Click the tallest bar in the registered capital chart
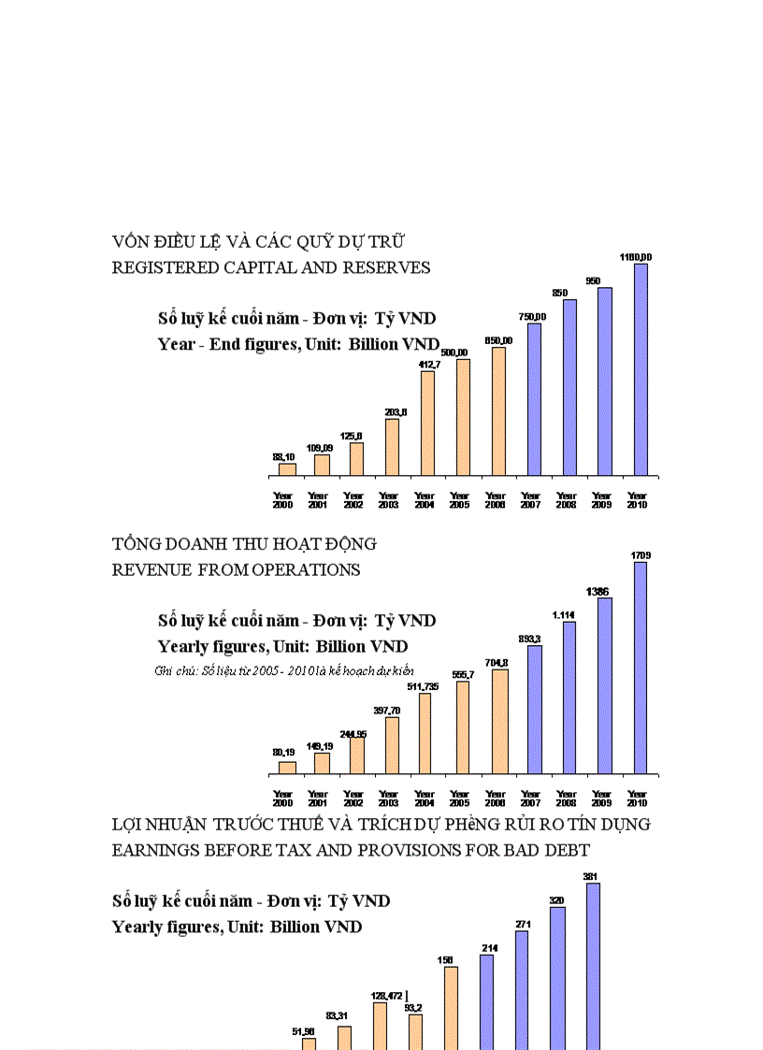[x=641, y=369]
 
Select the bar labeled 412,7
[x=427, y=423]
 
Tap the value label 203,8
[x=392, y=411]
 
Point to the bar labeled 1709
[x=641, y=668]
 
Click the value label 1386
[x=598, y=591]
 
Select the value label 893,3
[x=530, y=639]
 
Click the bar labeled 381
[x=593, y=963]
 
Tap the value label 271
[x=523, y=924]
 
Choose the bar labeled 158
[x=451, y=1006]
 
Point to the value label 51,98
[x=304, y=1031]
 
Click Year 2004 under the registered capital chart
[x=425, y=500]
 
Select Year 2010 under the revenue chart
[x=637, y=798]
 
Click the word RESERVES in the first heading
[x=387, y=268]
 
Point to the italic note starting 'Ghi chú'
[x=284, y=670]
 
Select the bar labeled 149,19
[x=322, y=763]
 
